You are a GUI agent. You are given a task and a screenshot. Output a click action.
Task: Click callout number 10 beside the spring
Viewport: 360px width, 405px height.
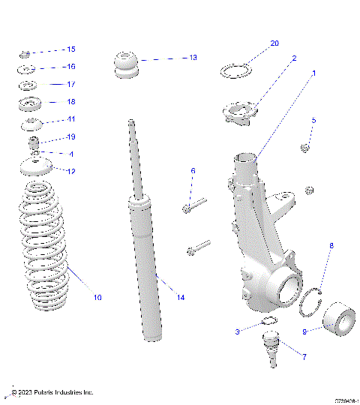pos(97,298)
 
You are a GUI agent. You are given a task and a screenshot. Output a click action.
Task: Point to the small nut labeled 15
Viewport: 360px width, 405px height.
pos(25,53)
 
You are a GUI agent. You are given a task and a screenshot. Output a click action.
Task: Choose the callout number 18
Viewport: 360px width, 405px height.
pos(71,101)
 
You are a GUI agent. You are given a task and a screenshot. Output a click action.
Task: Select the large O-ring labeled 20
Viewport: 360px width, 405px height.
pos(235,72)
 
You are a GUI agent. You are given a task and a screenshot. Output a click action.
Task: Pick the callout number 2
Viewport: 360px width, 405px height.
pos(294,58)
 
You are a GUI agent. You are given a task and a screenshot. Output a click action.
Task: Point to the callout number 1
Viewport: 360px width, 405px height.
pos(314,73)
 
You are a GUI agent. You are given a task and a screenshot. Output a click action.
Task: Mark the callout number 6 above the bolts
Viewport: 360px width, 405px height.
pos(193,172)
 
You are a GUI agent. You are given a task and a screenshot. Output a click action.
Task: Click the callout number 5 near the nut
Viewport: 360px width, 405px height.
pos(313,120)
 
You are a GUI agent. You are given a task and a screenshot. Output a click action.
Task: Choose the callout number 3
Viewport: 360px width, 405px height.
pos(237,331)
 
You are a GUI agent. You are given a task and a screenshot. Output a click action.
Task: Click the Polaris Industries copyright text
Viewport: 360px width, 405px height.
pos(52,391)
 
